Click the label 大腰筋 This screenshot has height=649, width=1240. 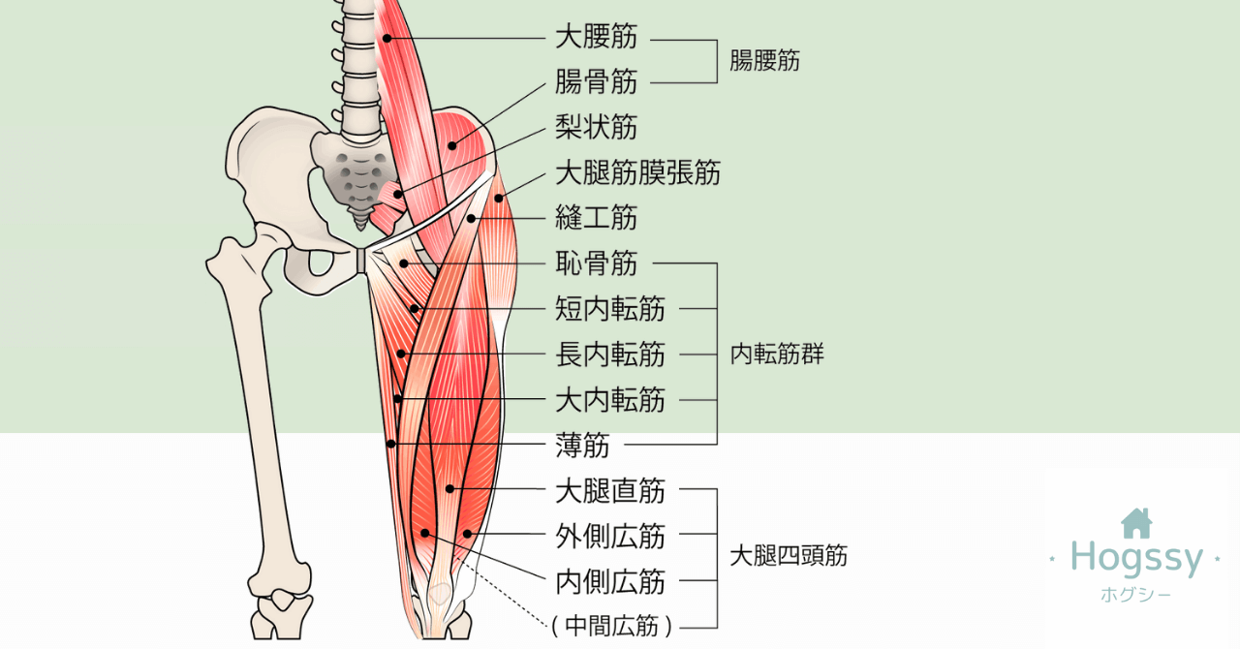coord(596,38)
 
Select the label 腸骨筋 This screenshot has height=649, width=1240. coord(596,82)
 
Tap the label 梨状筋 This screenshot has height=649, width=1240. coord(596,128)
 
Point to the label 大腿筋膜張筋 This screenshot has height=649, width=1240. coord(637,173)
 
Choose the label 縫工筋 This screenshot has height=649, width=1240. coord(596,217)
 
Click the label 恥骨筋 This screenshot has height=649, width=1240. coord(596,263)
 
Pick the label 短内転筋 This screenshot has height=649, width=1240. coord(609,309)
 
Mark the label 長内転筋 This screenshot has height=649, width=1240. coord(609,355)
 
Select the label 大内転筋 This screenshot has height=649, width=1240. coord(609,399)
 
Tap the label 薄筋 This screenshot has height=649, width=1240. coord(582,445)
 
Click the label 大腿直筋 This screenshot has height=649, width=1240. coord(609,490)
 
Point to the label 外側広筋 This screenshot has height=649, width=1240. coord(609,536)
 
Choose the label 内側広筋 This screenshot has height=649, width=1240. coord(609,581)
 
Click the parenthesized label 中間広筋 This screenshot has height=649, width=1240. coord(611,627)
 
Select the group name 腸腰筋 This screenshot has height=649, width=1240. coord(764,61)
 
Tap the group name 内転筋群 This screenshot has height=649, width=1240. coord(777,355)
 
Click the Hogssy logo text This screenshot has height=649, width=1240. coord(1135,558)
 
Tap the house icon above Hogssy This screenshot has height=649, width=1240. coord(1135,523)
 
